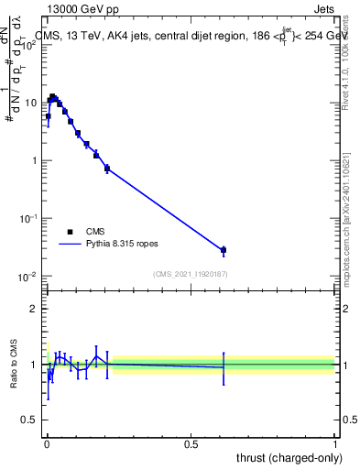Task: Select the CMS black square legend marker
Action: pos(71,233)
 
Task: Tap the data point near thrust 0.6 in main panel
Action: pos(224,249)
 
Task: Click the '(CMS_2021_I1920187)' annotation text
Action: pos(191,274)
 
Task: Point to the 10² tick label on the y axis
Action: pos(27,43)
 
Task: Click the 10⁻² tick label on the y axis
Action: pos(27,277)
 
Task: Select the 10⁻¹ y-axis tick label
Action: pos(27,219)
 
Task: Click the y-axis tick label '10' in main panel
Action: pos(30,103)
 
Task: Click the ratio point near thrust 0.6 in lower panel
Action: pos(224,366)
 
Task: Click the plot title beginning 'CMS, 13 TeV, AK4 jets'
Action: pos(192,37)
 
